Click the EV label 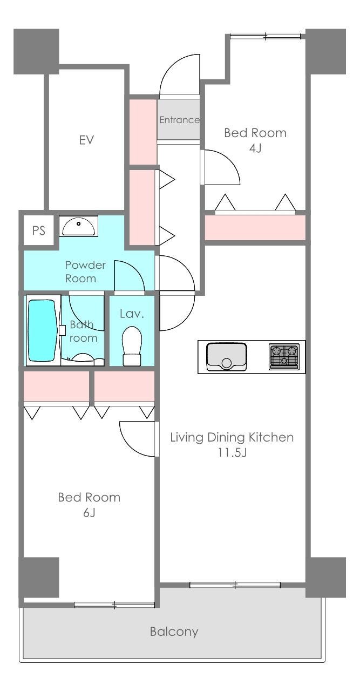tap(86, 140)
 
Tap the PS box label tap(39, 230)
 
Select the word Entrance tap(179, 119)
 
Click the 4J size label tap(255, 148)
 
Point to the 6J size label tap(89, 513)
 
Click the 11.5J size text tap(232, 453)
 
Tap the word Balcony tap(174, 632)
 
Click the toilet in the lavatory tap(132, 346)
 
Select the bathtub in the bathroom tap(43, 330)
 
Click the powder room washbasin tap(78, 226)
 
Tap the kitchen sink tap(227, 356)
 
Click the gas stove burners tap(284, 356)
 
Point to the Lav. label tap(132, 314)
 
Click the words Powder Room tap(85, 272)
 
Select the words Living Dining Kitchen tap(232, 437)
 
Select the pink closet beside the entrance tap(143, 132)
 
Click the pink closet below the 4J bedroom tap(255, 227)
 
